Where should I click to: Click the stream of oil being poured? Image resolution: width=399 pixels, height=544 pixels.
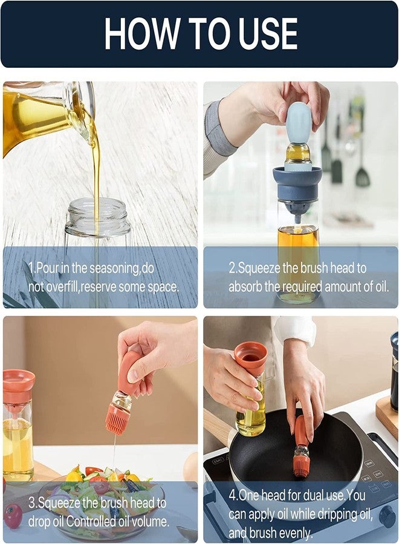pos(96,175)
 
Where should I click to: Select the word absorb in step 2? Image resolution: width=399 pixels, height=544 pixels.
pos(246,287)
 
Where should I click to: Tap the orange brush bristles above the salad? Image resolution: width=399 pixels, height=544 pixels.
pos(117,419)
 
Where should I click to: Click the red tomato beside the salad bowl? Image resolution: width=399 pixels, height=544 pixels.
pos(12,516)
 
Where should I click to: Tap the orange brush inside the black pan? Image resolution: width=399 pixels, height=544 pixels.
pos(301,463)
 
